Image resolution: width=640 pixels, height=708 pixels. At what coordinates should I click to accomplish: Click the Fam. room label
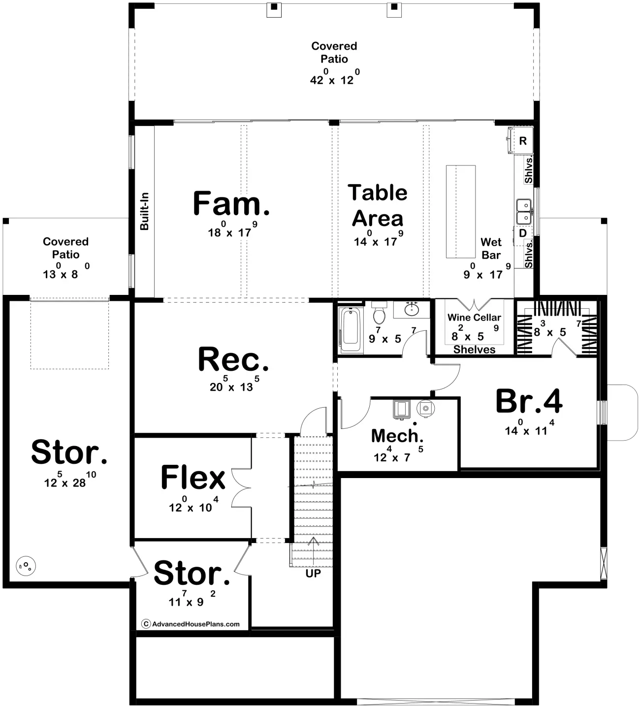(231, 203)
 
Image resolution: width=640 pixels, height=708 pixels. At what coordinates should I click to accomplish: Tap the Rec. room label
(233, 359)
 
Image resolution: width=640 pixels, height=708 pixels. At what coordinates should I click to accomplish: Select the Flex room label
(193, 477)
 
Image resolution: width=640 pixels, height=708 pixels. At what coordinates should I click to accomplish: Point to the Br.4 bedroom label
(529, 401)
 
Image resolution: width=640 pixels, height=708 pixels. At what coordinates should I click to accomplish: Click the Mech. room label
(397, 436)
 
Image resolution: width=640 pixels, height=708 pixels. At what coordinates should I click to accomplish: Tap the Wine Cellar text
(474, 317)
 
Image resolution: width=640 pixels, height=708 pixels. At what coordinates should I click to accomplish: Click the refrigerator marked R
(521, 140)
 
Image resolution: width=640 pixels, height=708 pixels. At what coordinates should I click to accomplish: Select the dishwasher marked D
(522, 233)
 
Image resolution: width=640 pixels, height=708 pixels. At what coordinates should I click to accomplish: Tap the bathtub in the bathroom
(351, 330)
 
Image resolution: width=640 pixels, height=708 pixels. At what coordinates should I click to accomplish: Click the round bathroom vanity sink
(412, 309)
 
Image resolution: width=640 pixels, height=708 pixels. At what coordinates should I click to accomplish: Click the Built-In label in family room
(144, 211)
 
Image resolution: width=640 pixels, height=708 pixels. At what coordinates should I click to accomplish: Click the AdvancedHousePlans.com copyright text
(191, 624)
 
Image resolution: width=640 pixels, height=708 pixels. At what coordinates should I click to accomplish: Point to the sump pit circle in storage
(26, 566)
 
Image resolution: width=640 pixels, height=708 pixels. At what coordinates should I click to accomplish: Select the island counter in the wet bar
(461, 211)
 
